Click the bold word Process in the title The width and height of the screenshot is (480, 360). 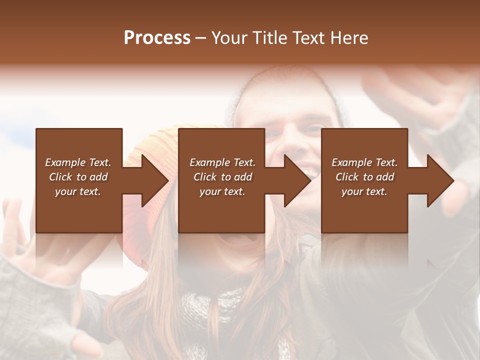coord(157,37)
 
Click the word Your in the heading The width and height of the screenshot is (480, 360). coord(230,37)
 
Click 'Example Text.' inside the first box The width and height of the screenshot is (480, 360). coord(78,162)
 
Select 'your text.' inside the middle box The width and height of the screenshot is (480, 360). coord(222,191)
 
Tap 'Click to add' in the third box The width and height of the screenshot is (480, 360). coord(364,177)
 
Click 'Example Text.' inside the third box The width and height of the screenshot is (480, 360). coord(364,162)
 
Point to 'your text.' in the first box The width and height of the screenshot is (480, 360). coord(78,191)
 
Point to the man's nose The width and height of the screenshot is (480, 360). coord(294,142)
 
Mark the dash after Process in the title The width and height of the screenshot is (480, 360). coord(200,38)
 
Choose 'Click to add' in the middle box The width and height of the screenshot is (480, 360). coord(222,177)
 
